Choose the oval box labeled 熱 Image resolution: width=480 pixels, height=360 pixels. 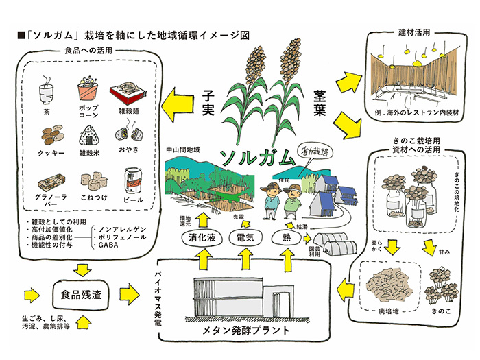tap(287, 237)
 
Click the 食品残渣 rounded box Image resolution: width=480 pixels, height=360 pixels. tap(83, 296)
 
